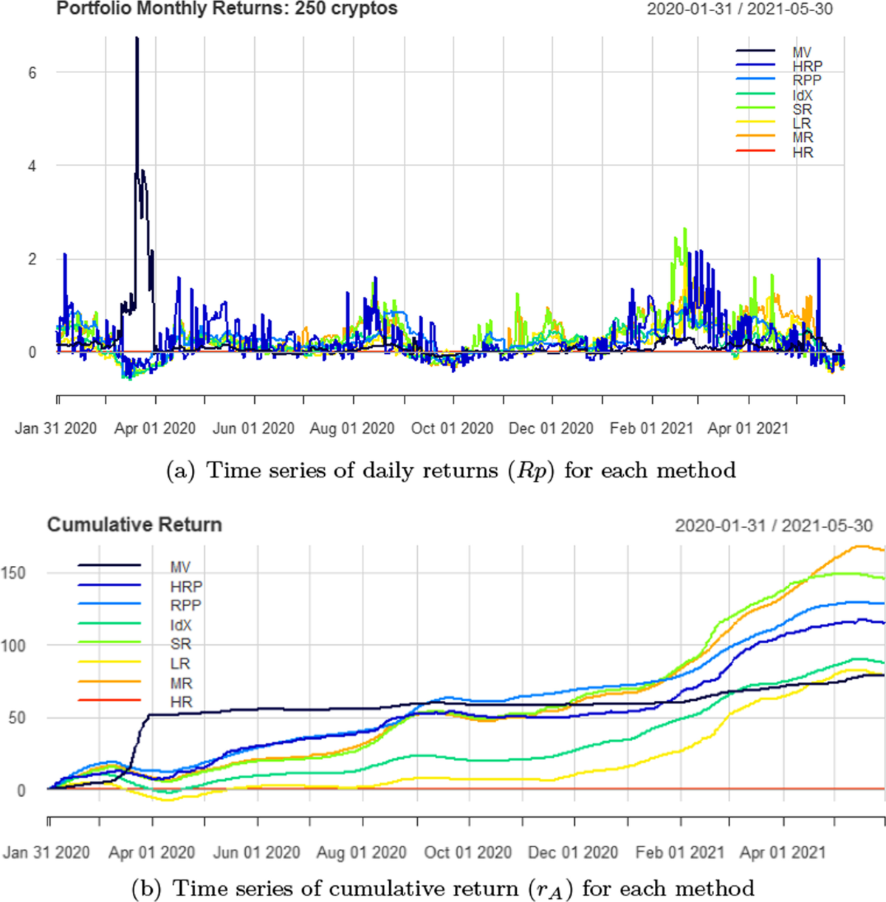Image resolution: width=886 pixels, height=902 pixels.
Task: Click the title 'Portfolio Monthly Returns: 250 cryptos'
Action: [x=227, y=9]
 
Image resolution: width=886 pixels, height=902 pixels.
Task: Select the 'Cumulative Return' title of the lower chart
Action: [x=134, y=525]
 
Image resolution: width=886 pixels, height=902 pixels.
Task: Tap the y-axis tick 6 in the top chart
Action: [x=32, y=73]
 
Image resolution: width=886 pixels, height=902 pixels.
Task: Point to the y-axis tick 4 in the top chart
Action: [x=32, y=166]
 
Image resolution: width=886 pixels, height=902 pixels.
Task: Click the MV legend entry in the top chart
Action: [x=802, y=52]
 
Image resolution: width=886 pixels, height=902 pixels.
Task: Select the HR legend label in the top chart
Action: [x=803, y=153]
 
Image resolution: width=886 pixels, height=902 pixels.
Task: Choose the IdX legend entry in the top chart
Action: [x=803, y=95]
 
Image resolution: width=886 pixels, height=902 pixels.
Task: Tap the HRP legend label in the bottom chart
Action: [x=186, y=587]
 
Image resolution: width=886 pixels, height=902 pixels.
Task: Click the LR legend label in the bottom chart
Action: [x=180, y=664]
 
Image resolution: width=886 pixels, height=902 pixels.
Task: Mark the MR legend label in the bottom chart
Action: [x=182, y=683]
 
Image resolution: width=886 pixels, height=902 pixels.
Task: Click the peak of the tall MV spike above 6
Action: [x=137, y=38]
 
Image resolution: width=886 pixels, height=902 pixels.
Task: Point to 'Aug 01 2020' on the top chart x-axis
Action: [x=352, y=428]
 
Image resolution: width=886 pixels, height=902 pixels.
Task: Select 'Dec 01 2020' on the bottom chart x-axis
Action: [x=573, y=853]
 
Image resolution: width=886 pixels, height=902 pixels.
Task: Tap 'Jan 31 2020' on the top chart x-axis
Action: [x=56, y=428]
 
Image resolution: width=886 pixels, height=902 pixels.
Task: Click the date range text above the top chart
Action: [x=740, y=10]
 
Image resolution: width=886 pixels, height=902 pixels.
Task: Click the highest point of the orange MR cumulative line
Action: [x=860, y=546]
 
